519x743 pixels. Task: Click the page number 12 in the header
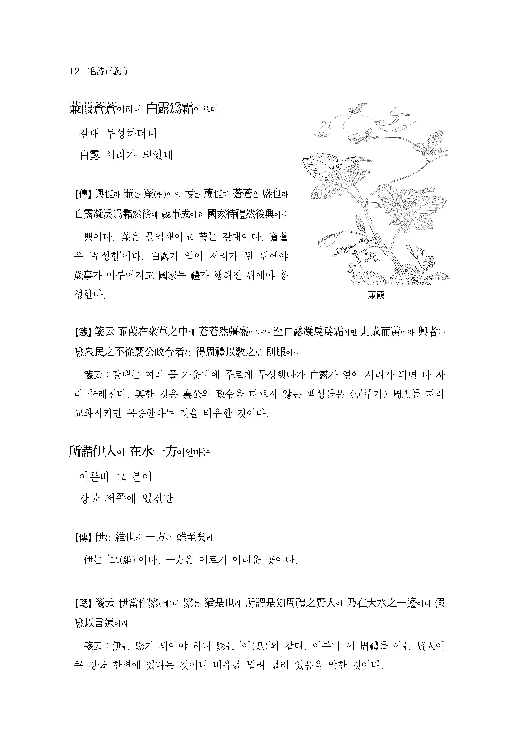[74, 71]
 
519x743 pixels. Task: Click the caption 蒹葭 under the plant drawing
[376, 295]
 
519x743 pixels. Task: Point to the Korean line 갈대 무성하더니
[118, 133]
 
